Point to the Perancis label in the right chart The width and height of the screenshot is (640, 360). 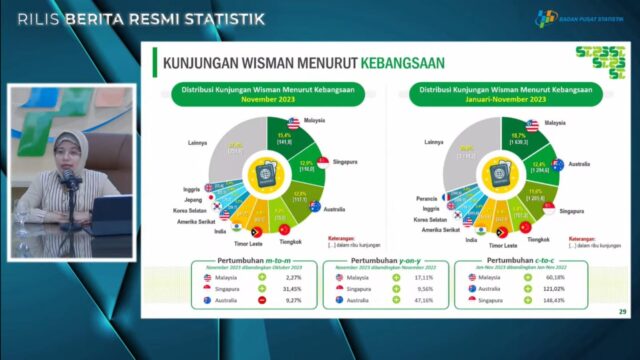click(432, 197)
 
